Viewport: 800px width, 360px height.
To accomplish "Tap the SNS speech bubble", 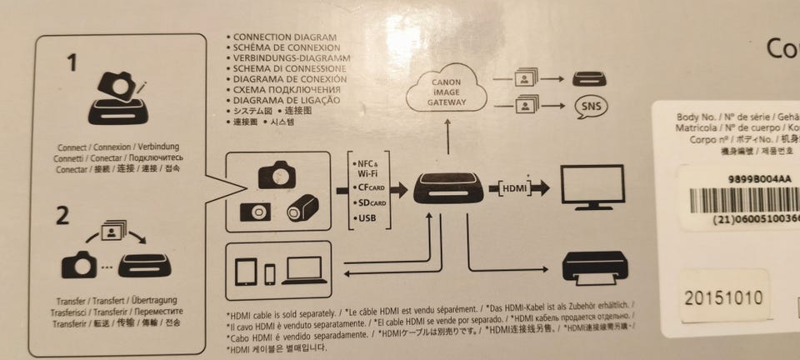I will click(x=590, y=107).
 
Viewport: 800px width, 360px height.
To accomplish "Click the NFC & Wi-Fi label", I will click(x=367, y=168).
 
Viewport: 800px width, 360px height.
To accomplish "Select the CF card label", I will click(x=367, y=187).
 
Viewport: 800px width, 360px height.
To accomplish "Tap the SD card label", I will click(x=367, y=202).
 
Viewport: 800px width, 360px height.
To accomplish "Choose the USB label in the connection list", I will click(x=366, y=218).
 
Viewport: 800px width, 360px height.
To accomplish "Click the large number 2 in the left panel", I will click(x=62, y=216).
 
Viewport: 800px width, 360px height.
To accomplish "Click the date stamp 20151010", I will click(x=722, y=297).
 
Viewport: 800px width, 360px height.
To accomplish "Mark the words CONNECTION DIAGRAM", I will click(x=284, y=38).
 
